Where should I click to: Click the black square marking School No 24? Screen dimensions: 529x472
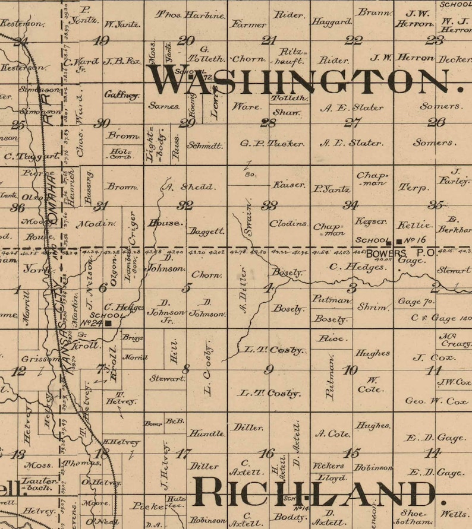point(109,324)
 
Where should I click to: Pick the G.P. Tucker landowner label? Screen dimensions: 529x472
point(272,144)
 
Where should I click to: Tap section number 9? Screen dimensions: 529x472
point(269,370)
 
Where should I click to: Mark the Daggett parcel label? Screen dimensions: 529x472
point(206,231)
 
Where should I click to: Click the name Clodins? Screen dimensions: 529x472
point(289,224)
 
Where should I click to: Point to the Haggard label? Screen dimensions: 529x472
point(332,22)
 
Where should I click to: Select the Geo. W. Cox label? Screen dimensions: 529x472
point(437,401)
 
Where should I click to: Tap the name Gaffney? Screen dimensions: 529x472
point(122,95)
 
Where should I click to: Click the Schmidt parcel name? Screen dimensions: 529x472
point(205,145)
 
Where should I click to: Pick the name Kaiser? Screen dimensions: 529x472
point(289,185)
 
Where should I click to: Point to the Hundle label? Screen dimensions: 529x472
point(207,433)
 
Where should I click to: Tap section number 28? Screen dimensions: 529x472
point(268,123)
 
